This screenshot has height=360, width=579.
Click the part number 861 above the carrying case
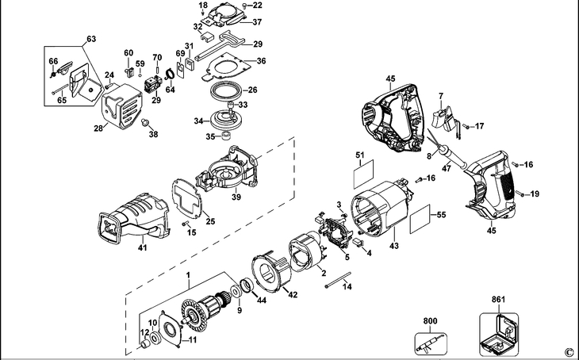click(x=498, y=300)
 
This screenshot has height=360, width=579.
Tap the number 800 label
click(x=430, y=321)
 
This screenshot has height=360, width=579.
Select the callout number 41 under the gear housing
click(x=143, y=247)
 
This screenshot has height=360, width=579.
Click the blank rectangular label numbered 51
click(x=364, y=174)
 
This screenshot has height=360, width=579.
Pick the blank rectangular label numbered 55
click(x=420, y=220)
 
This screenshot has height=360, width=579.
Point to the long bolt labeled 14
click(x=338, y=280)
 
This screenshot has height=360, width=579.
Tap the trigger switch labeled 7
click(x=446, y=119)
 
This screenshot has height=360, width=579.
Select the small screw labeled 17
click(x=466, y=127)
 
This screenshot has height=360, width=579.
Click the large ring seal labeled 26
click(x=226, y=91)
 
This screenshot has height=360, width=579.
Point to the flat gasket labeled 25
click(x=187, y=198)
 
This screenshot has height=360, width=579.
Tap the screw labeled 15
click(x=185, y=224)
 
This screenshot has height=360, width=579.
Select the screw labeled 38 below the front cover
click(x=144, y=122)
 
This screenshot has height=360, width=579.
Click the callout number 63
click(x=91, y=39)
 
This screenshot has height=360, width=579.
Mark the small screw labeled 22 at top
click(x=245, y=6)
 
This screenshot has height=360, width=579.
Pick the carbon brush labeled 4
click(x=358, y=243)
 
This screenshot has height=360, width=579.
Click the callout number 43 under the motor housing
click(x=394, y=245)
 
